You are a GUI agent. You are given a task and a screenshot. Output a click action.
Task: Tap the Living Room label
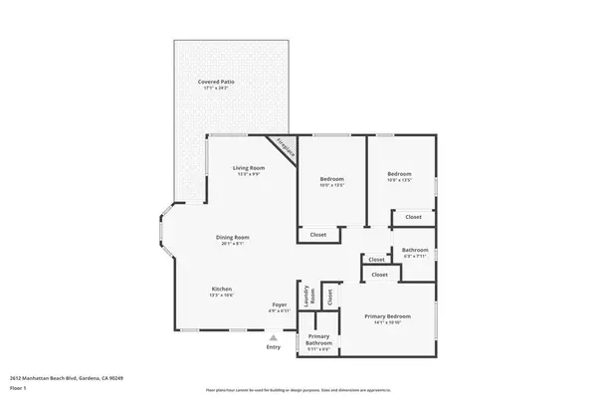coord(248,167)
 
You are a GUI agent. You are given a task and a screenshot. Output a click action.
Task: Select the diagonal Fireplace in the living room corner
coord(287,147)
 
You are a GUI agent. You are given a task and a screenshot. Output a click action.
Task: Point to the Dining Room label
coord(233,237)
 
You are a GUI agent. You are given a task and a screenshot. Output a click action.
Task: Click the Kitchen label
coord(222,289)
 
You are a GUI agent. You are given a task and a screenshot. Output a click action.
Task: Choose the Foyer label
coord(280,304)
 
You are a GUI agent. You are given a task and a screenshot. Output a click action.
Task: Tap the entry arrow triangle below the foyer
coord(274,337)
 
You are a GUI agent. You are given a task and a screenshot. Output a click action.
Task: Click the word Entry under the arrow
coord(274,347)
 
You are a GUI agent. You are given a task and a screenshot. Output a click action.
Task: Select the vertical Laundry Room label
coord(309,295)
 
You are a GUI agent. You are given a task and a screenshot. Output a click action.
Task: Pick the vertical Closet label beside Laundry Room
coord(331,296)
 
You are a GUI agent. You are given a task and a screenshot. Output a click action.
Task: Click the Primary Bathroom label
coord(318,339)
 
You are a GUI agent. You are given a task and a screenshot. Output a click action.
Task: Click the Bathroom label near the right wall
coord(415,250)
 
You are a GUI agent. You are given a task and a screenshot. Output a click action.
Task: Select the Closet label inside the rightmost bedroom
coord(413,216)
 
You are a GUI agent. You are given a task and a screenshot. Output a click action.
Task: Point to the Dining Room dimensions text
coord(233,244)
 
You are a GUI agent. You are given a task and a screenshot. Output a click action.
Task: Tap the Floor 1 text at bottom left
coord(17,387)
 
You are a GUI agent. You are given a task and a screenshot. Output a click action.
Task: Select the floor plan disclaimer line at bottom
coord(298,390)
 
